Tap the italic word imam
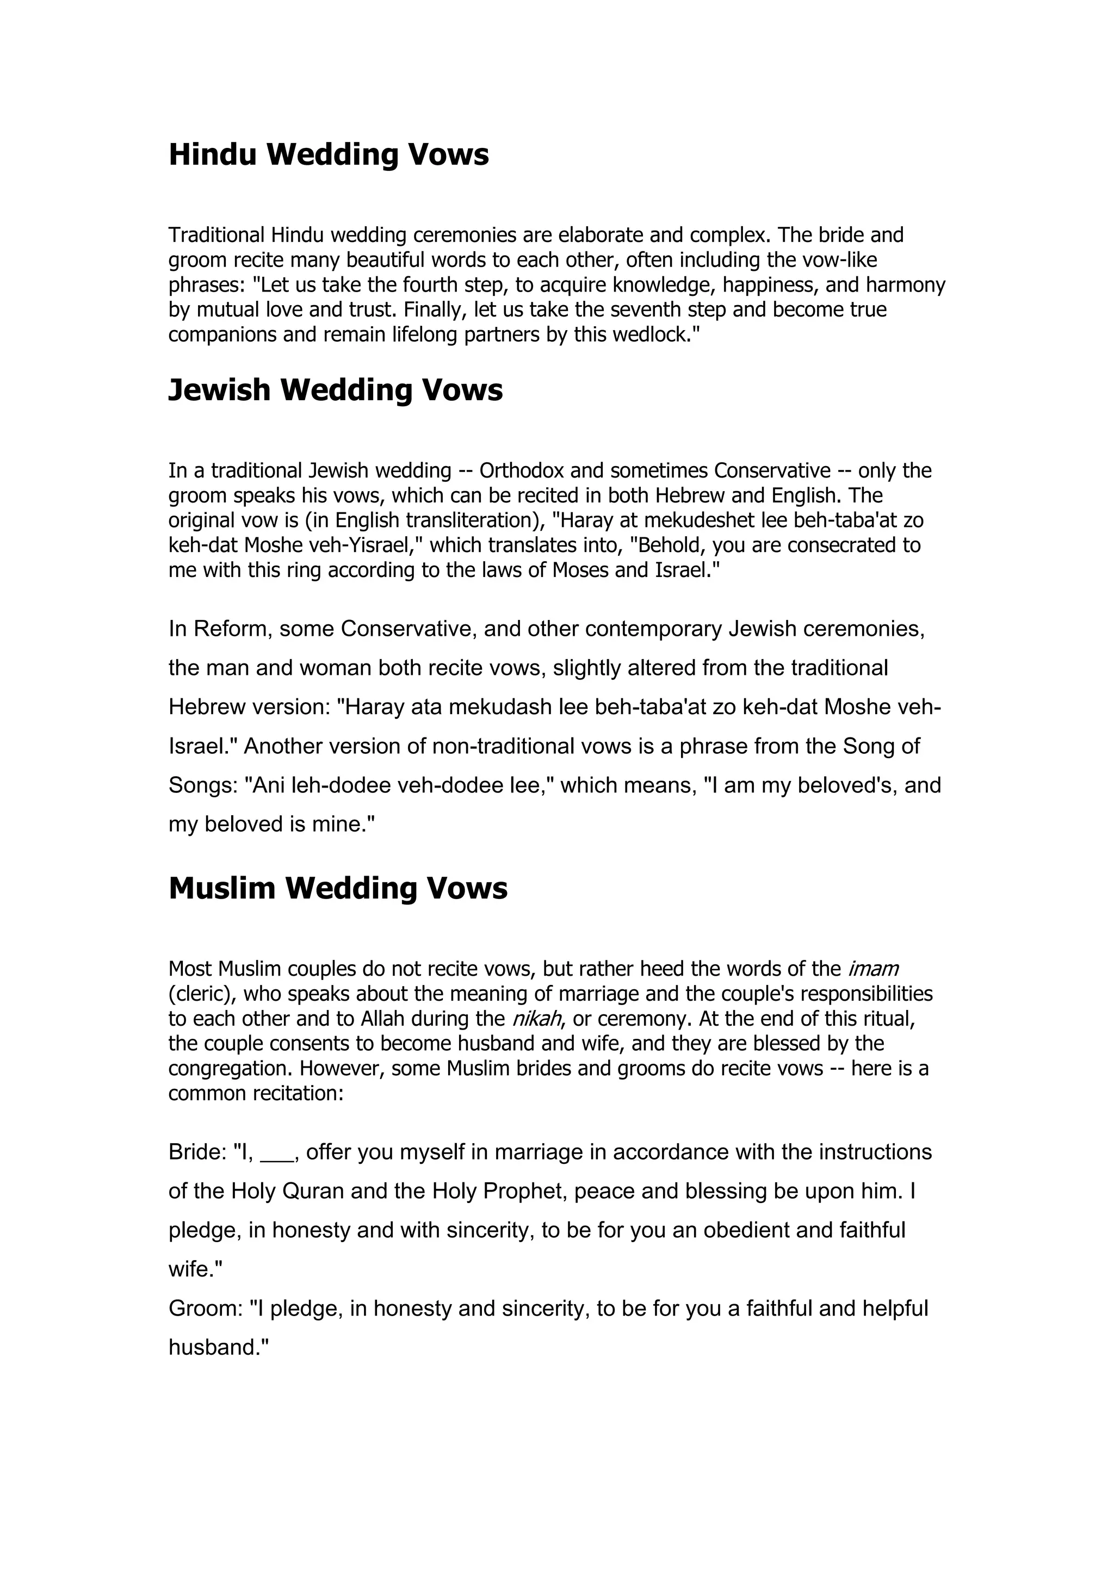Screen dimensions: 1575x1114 pyautogui.click(x=872, y=969)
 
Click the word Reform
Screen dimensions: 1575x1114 pyautogui.click(x=230, y=628)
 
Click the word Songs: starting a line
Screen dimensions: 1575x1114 pyautogui.click(x=202, y=785)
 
